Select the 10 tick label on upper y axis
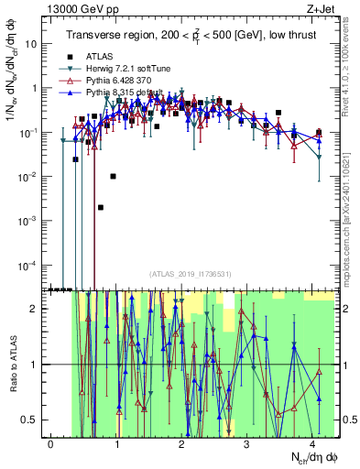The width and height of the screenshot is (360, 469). [x=32, y=43]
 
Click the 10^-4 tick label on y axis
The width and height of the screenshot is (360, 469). [x=29, y=265]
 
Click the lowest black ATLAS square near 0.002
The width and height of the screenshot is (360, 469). [x=101, y=207]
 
